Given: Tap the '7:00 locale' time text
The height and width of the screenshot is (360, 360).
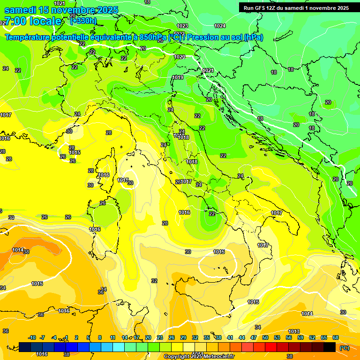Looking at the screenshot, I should tap(33, 21).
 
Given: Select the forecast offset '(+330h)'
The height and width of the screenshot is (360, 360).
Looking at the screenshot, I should tap(83, 21).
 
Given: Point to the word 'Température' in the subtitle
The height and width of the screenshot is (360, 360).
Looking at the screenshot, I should tap(30, 37).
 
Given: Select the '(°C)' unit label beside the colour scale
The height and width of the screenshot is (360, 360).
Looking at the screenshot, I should tap(344, 348).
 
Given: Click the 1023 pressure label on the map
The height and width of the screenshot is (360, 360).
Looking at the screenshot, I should tap(182, 26).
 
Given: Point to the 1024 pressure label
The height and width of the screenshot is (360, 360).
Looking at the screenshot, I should tap(219, 26).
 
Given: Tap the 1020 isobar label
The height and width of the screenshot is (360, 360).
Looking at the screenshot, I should tap(179, 57).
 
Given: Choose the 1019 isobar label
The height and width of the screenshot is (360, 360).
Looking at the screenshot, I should tap(178, 78).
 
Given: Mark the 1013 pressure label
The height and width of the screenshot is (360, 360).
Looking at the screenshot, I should tap(294, 332).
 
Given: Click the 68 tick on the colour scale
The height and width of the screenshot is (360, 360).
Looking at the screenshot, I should tap(336, 337).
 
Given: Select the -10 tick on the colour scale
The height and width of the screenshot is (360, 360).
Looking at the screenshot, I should tap(32, 337).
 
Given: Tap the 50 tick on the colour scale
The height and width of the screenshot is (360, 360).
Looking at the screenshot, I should tap(265, 337).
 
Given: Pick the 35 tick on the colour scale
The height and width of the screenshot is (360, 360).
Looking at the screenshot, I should tap(207, 337).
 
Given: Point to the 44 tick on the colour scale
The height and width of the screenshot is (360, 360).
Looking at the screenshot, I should tap(242, 337).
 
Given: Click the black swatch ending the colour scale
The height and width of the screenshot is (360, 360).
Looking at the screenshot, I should tap(330, 347).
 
